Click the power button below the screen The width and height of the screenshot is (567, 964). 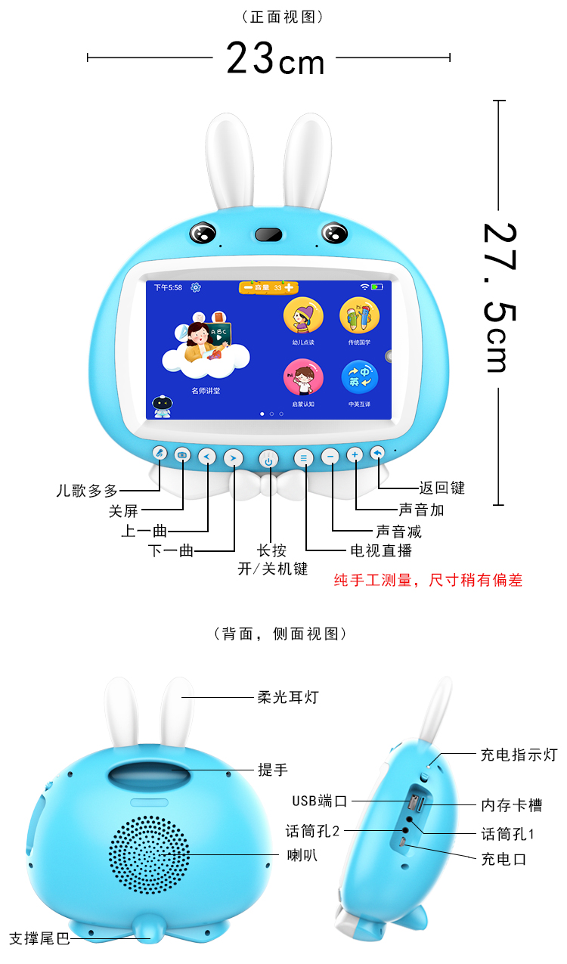pyautogui.click(x=268, y=457)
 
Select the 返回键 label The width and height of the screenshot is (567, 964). pyautogui.click(x=442, y=488)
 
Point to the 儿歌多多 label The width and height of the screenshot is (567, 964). pyautogui.click(x=87, y=491)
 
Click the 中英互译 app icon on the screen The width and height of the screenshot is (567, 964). pyautogui.click(x=359, y=378)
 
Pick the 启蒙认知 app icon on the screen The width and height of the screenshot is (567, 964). pyautogui.click(x=302, y=378)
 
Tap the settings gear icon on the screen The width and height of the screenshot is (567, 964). pyautogui.click(x=196, y=287)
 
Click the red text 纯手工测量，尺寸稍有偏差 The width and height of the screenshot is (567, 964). pyautogui.click(x=428, y=581)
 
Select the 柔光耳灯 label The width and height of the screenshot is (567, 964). pyautogui.click(x=288, y=697)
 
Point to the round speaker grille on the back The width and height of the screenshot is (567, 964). pyautogui.click(x=149, y=854)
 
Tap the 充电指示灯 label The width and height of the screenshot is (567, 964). pyautogui.click(x=519, y=755)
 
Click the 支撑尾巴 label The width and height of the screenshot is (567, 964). pyautogui.click(x=39, y=939)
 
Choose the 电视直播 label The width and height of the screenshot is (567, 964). pyautogui.click(x=381, y=550)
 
